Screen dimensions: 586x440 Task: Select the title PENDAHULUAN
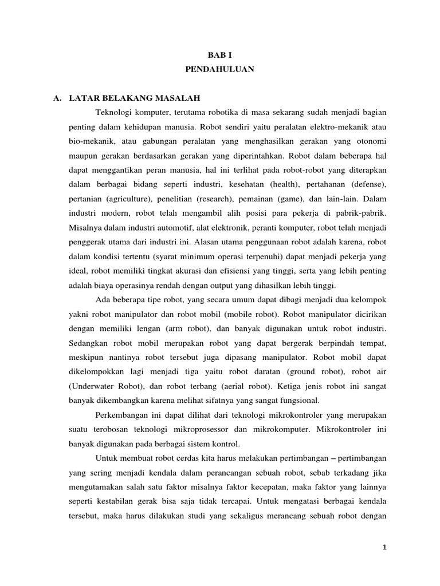[219, 70]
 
